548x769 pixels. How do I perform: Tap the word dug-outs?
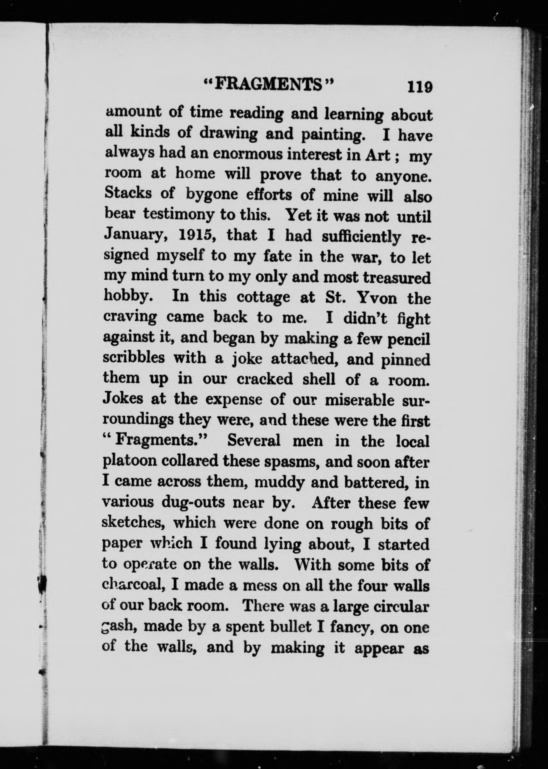(x=193, y=502)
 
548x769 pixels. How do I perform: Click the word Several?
(x=254, y=441)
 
